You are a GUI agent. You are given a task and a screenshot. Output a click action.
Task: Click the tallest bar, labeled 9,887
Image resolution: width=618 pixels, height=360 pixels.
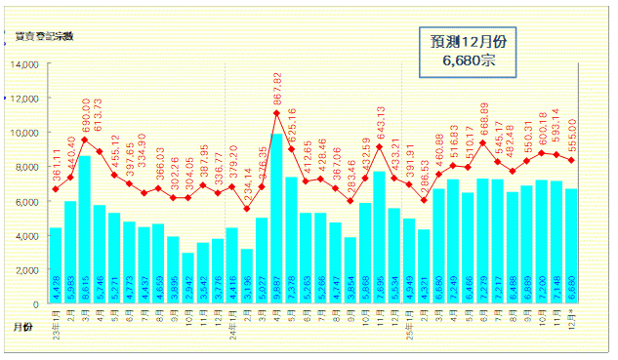276,219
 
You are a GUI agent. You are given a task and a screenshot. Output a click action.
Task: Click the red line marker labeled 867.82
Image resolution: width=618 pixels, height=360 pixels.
276,113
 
